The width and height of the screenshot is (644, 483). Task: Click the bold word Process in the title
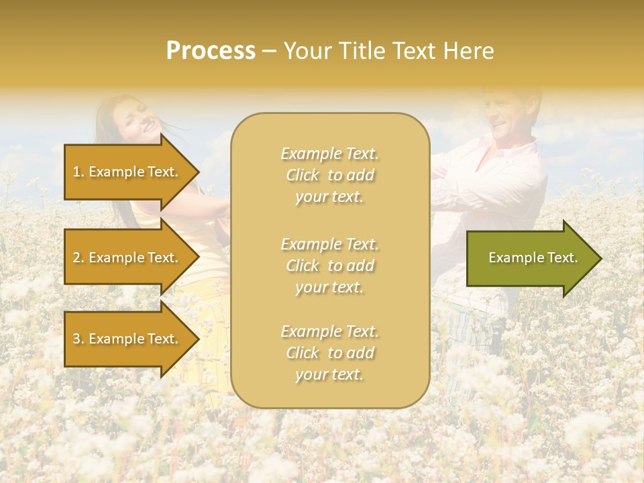tap(211, 51)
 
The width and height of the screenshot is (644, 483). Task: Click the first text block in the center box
tap(329, 175)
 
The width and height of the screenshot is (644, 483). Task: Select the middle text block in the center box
tap(329, 266)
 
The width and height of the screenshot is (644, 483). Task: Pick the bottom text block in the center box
tap(329, 353)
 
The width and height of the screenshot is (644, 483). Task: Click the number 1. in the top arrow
tap(78, 172)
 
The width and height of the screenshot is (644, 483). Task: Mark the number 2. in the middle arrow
tap(78, 258)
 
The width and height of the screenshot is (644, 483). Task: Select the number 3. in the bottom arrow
tap(78, 339)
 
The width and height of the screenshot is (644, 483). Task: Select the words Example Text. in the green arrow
tap(533, 258)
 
